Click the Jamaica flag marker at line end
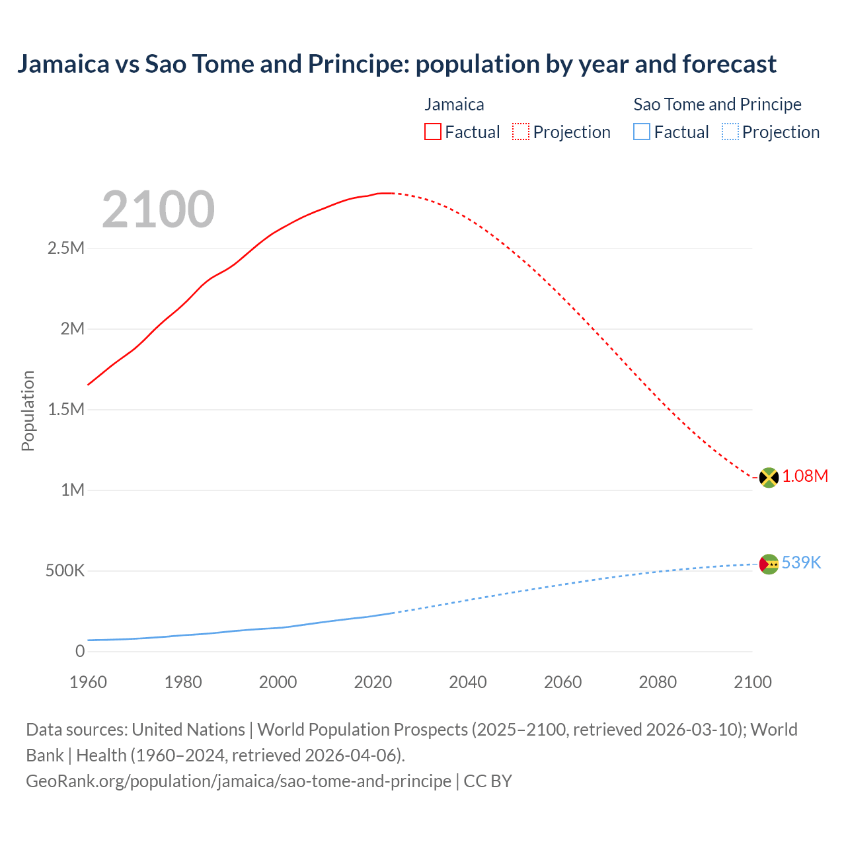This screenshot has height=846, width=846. point(769,477)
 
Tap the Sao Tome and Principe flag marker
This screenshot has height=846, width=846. point(769,564)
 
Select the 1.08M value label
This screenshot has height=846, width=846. point(805,477)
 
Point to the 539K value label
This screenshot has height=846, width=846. point(801,562)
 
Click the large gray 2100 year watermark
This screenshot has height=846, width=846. point(158,210)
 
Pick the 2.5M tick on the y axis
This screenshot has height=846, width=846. point(65,249)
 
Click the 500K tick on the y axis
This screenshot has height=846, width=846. point(65,571)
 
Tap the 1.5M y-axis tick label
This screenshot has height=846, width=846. point(65,410)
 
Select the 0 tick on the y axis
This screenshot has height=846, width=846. point(80,652)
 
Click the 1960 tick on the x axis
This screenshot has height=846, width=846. point(88,682)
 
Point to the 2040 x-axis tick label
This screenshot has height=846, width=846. point(468,682)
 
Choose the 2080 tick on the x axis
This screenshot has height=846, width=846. point(658,682)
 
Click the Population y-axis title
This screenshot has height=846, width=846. point(28,410)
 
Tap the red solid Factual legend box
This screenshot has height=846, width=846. point(432,132)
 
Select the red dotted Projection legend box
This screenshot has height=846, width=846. point(521,132)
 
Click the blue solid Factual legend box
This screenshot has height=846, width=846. point(642,132)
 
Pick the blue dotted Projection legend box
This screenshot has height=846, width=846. point(730,132)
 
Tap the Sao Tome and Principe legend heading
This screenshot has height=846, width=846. point(717,104)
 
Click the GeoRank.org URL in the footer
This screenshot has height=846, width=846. point(238,781)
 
